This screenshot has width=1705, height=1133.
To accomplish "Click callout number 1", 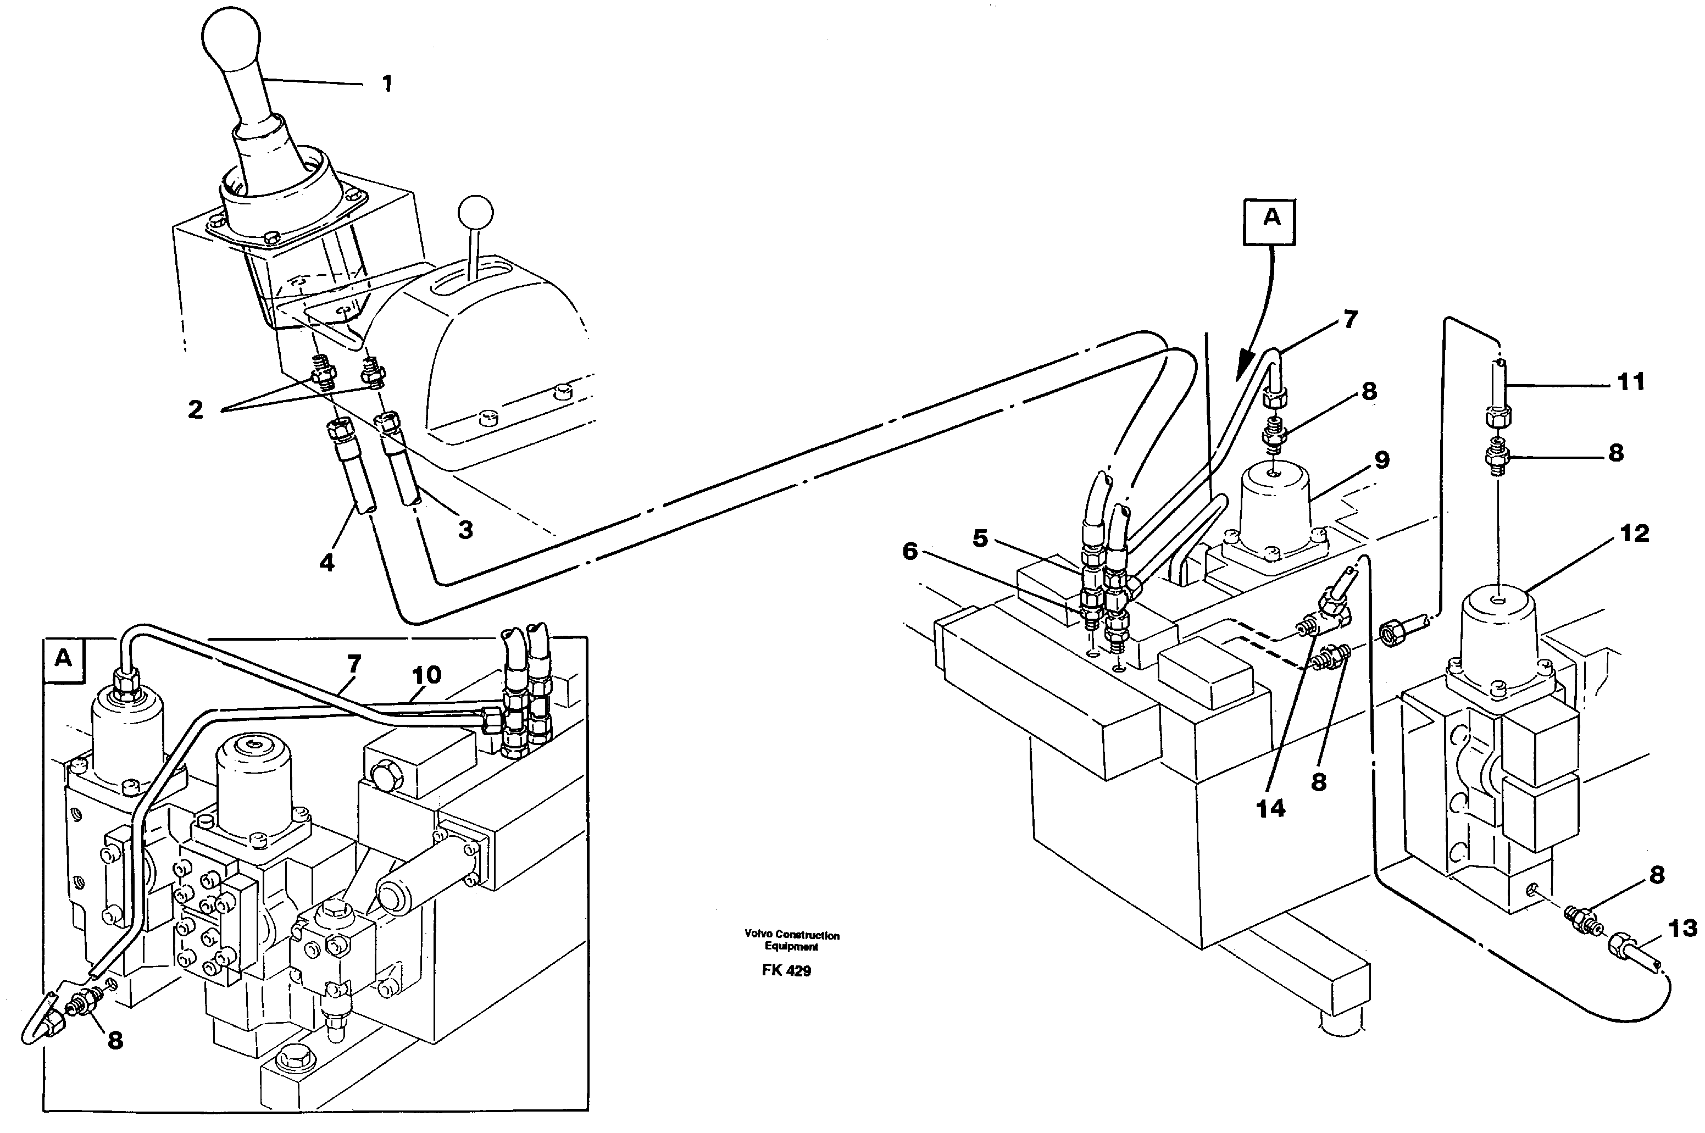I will click(387, 84).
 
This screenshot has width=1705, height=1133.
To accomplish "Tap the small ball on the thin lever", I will click(475, 214).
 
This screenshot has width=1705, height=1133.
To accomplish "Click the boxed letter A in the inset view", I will click(64, 658).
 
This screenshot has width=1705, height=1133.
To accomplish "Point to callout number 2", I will click(195, 410).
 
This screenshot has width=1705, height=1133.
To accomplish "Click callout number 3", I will click(466, 529).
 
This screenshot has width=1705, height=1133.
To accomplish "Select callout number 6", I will click(909, 551).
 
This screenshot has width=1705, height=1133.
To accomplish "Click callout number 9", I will click(1381, 459).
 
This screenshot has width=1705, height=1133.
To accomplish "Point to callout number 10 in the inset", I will click(426, 675).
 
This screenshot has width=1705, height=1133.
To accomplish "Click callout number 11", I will click(1630, 381).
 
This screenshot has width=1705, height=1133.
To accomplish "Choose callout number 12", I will click(1634, 534).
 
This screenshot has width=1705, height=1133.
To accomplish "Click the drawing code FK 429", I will click(786, 970).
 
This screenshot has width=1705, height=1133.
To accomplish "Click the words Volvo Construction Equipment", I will click(792, 940).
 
